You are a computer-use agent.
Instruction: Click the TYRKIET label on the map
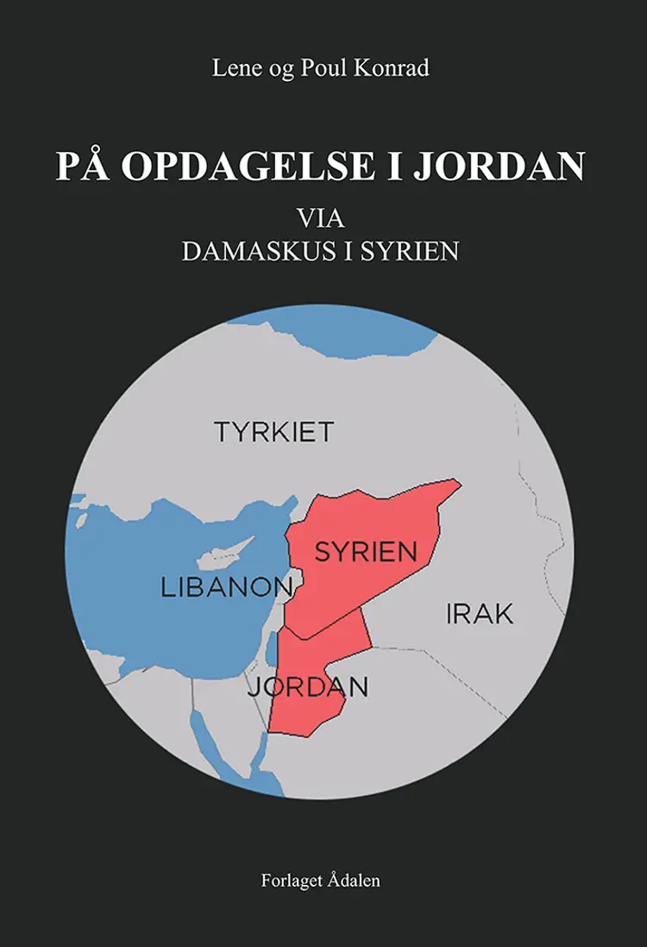click(x=273, y=431)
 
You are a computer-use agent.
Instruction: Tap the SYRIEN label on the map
click(x=366, y=551)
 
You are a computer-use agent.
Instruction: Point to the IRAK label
click(x=480, y=614)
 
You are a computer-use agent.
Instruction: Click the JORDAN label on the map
click(x=308, y=687)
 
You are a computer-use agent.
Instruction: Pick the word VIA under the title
click(x=319, y=217)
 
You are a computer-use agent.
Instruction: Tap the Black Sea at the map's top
click(x=345, y=332)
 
